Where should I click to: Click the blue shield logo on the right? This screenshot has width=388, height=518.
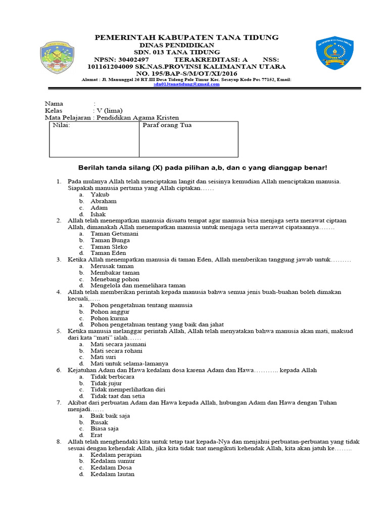[x=334, y=53]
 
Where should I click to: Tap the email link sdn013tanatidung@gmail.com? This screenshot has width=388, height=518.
[x=187, y=84]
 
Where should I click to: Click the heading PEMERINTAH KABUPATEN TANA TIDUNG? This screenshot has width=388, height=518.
[x=187, y=37]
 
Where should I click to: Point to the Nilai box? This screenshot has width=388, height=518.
[x=94, y=139]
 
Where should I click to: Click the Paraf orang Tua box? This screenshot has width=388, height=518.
[x=188, y=139]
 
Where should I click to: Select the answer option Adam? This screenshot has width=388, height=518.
[x=99, y=207]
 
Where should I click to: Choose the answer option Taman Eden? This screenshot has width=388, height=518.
[x=108, y=253]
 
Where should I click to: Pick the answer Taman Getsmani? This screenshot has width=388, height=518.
[x=113, y=234]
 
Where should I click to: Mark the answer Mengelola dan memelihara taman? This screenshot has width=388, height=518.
[x=138, y=285]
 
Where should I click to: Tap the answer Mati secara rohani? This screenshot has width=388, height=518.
[x=116, y=351]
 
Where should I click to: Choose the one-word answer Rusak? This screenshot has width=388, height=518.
[x=99, y=422]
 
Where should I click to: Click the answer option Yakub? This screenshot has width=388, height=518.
[x=100, y=194]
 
